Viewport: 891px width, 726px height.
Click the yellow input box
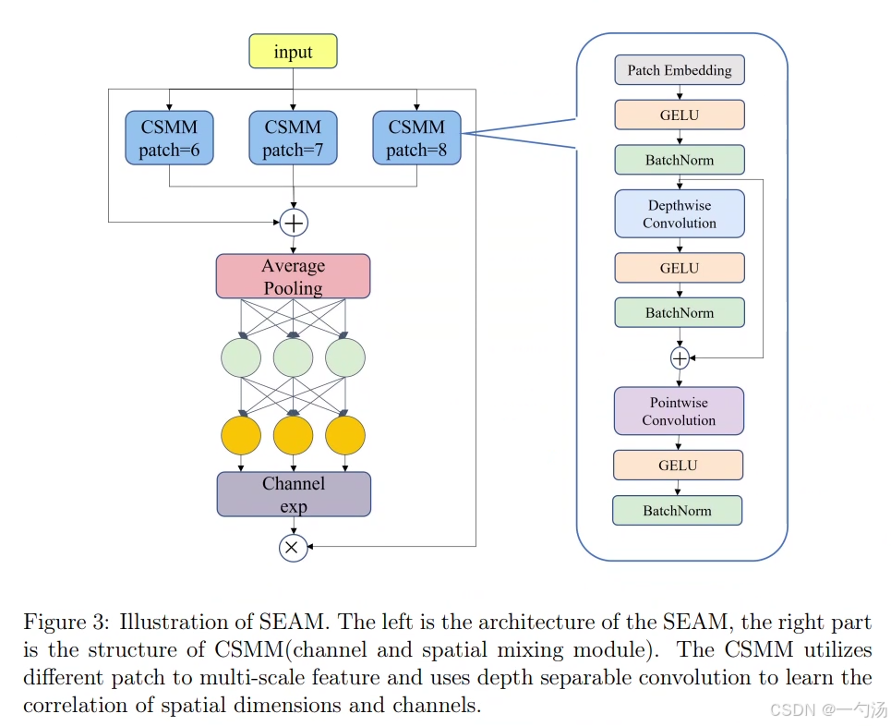coord(293,52)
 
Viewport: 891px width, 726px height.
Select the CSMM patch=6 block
coord(169,139)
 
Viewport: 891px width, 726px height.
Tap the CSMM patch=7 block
coord(293,139)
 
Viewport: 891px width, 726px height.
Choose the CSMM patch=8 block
coord(416,139)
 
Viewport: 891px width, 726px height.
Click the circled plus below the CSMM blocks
coord(294,223)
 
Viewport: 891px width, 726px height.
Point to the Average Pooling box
coord(293,276)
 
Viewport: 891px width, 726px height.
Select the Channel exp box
coord(294,494)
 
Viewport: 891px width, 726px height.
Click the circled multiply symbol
coord(293,548)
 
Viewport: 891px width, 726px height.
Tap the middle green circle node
coord(293,357)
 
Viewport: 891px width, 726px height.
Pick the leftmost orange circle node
coord(241,435)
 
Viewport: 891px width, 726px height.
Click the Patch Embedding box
coord(680,70)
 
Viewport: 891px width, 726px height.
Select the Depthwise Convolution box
coord(680,214)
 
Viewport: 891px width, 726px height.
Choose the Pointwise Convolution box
coord(679,411)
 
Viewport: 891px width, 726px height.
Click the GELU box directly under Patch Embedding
coord(680,115)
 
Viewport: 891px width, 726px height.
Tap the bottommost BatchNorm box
coord(678,511)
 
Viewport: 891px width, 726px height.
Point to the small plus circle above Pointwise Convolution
coord(680,357)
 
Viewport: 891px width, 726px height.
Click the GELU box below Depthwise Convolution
coord(680,268)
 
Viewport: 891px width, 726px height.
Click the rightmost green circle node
coord(345,357)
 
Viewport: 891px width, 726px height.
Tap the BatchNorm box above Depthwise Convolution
coord(680,160)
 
